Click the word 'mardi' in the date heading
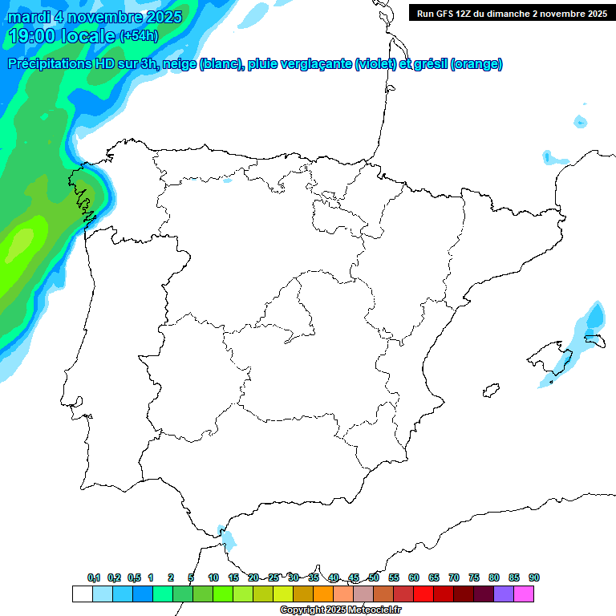(x=29, y=17)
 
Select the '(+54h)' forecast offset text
(x=139, y=36)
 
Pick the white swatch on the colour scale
(x=82, y=594)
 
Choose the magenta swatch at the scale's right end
(x=524, y=594)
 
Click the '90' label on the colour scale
(x=534, y=577)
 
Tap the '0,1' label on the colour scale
(x=94, y=577)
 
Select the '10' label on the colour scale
(x=213, y=577)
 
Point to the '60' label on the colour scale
(x=414, y=577)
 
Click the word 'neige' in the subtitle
(x=179, y=64)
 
